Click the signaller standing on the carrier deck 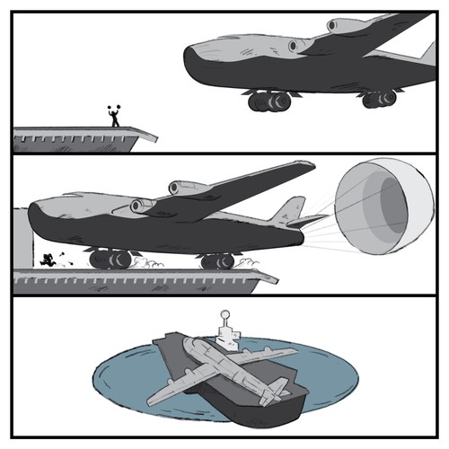(x=114, y=117)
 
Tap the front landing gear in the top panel (x=264, y=101)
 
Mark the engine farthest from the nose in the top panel (x=340, y=26)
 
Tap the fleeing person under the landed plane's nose (x=45, y=261)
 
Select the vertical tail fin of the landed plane (x=286, y=211)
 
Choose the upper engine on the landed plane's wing (x=183, y=188)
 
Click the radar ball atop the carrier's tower (x=226, y=316)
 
